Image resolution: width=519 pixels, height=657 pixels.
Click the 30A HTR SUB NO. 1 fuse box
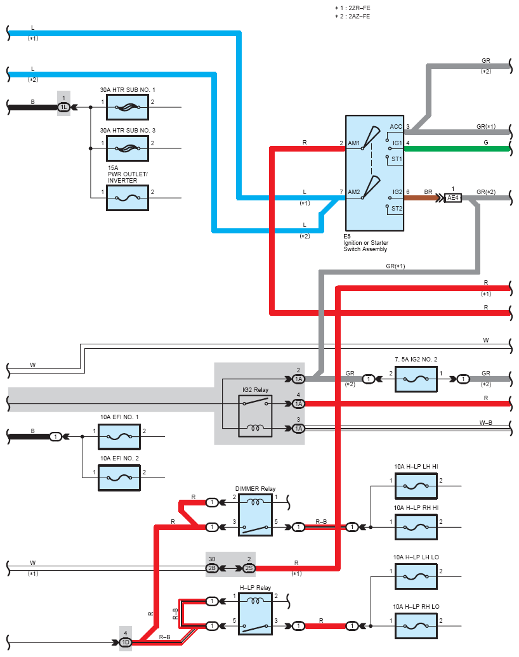[128, 107]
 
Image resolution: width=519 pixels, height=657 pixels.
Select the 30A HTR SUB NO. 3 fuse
[128, 148]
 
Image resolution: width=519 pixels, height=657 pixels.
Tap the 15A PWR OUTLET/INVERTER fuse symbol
[128, 198]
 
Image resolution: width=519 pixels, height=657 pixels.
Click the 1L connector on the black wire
[63, 107]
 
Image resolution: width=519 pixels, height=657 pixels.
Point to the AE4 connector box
[453, 198]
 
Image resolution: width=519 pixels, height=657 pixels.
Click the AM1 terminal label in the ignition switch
[354, 143]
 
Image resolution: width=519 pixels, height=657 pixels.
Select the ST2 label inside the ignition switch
[397, 208]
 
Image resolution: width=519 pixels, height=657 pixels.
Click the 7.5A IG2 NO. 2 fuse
[416, 379]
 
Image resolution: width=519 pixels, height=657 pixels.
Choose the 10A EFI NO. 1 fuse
[119, 437]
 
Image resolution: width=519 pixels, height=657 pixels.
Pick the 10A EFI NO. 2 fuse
[119, 478]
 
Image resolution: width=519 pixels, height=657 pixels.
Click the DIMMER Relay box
[255, 514]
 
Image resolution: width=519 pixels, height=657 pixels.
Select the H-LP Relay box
[255, 613]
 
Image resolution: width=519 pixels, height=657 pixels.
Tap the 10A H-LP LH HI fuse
[416, 486]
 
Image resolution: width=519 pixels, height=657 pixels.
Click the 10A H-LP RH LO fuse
[416, 626]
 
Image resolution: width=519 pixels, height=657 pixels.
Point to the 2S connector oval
[249, 568]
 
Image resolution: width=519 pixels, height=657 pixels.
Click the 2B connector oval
[212, 568]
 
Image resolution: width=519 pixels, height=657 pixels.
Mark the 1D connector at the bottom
[126, 642]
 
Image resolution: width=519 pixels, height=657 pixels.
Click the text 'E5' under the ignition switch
[347, 237]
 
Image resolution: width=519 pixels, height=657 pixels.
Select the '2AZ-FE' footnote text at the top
[359, 16]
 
